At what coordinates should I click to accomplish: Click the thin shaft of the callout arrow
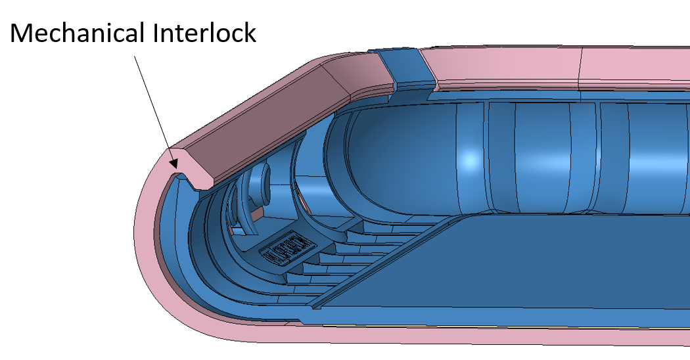pos(152,104)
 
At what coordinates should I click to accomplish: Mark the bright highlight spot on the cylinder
pos(469,160)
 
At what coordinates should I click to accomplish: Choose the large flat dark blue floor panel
pos(526,276)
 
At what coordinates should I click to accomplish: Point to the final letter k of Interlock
pos(249,33)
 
